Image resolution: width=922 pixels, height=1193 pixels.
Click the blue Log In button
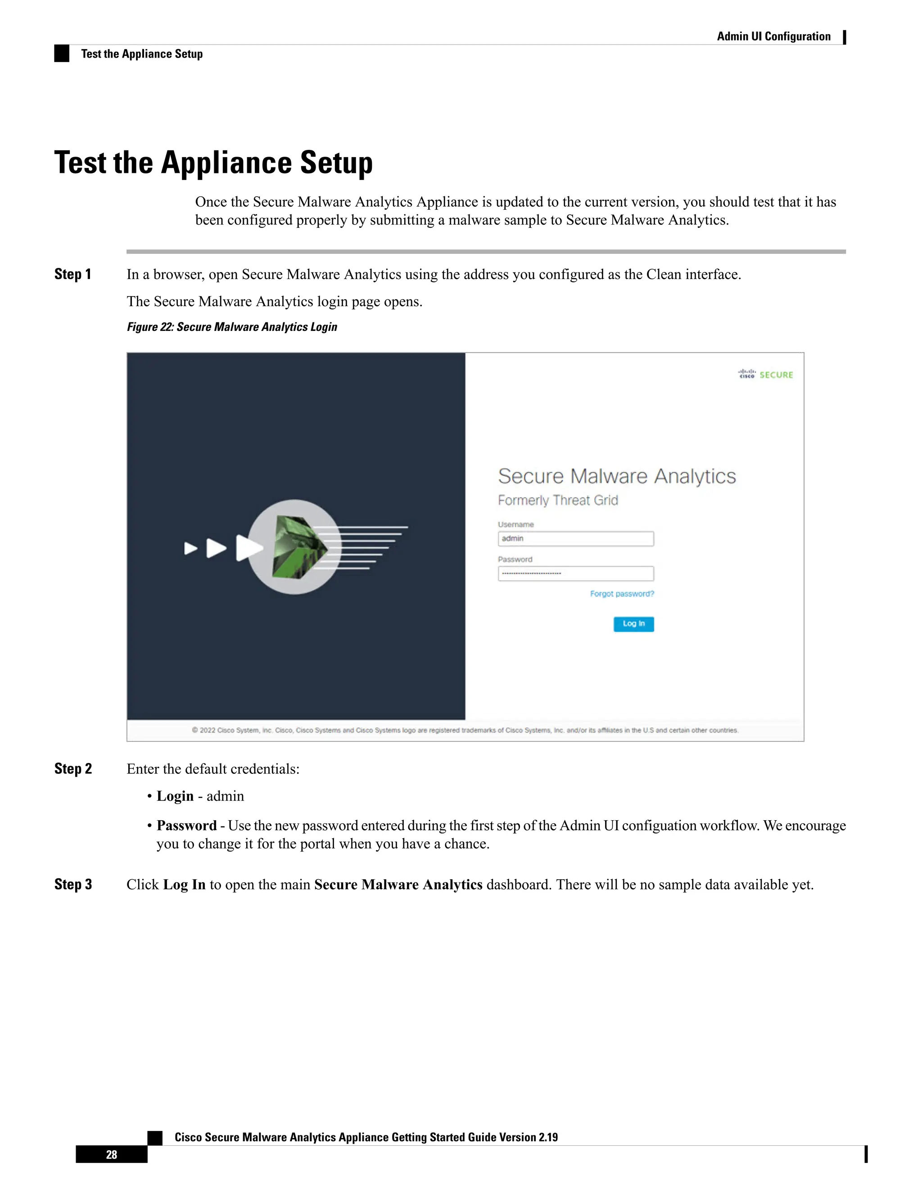(633, 624)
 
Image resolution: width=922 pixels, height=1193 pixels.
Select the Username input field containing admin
(576, 538)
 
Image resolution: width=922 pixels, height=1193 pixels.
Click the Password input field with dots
(576, 574)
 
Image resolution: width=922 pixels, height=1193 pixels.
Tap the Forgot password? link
(622, 594)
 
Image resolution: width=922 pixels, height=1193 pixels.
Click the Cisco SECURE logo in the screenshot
(765, 374)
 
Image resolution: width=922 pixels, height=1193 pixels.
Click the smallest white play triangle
(190, 548)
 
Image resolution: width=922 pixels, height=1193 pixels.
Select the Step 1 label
(72, 274)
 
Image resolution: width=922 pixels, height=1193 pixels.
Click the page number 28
(112, 1154)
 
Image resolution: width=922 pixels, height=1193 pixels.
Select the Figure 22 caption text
(232, 327)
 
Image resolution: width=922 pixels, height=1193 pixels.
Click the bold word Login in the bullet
(175, 796)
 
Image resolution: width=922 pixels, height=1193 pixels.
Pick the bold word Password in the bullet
(186, 825)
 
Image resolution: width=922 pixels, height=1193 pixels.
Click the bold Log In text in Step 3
(184, 884)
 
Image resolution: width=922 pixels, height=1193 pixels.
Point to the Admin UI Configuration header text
(773, 36)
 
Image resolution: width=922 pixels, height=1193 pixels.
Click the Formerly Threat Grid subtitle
(558, 500)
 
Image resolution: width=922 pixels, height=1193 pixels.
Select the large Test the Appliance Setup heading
(213, 163)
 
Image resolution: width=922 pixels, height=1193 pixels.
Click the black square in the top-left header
(62, 54)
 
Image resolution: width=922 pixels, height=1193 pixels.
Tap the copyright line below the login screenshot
(465, 730)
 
